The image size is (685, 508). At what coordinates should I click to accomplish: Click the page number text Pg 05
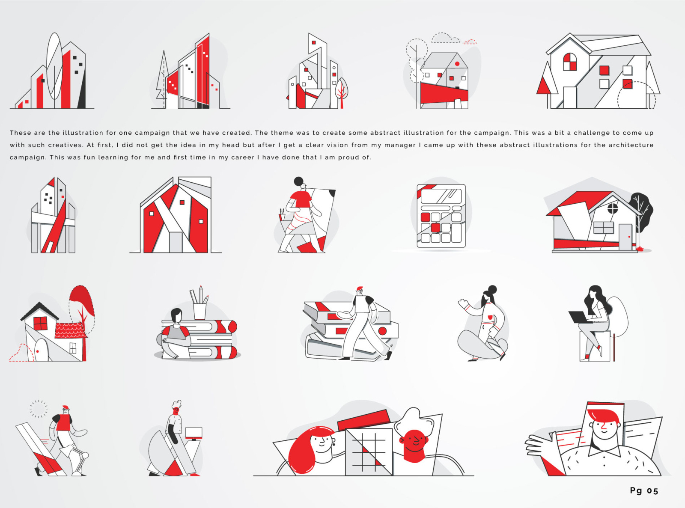click(x=643, y=490)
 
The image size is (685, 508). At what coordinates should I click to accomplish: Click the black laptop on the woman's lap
click(x=579, y=317)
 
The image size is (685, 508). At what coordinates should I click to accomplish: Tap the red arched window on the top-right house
click(x=569, y=62)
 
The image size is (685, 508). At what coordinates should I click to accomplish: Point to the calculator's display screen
click(x=441, y=196)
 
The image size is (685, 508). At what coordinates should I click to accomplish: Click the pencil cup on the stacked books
click(x=200, y=311)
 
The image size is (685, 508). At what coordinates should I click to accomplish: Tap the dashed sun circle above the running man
click(x=39, y=409)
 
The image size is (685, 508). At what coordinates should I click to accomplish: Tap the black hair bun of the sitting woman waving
click(x=492, y=289)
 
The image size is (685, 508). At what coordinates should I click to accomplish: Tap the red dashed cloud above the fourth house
click(x=470, y=42)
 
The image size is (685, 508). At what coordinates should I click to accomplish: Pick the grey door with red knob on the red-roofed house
click(x=625, y=237)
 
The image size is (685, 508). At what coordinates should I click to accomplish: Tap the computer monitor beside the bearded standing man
click(x=194, y=432)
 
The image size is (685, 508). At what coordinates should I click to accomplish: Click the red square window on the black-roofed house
click(x=40, y=323)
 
